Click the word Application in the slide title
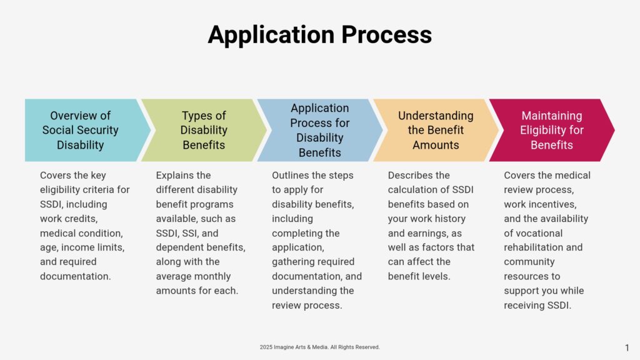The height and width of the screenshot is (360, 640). (271, 35)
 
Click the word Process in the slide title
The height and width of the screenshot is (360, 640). (386, 34)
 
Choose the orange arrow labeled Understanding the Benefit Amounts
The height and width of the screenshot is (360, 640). (436, 130)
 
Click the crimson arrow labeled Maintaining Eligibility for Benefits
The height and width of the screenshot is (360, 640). (552, 130)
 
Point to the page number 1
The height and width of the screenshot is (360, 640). (627, 347)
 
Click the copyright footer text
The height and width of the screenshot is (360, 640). (319, 347)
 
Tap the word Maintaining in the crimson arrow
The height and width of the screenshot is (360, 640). (552, 116)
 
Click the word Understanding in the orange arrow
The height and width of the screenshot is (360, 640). (436, 116)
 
